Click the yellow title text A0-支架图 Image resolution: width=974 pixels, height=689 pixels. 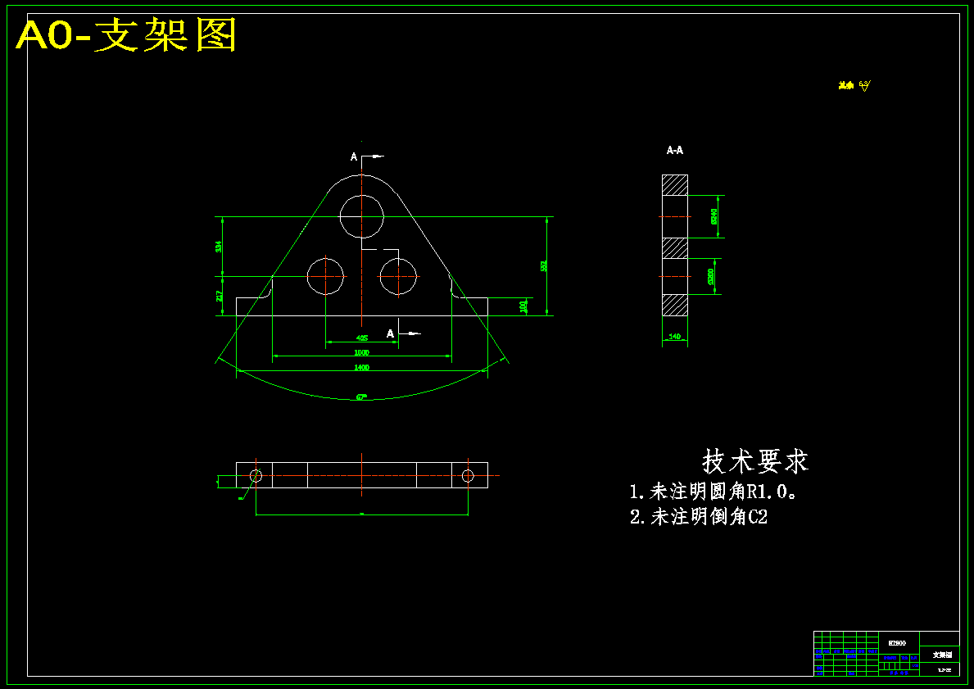127,35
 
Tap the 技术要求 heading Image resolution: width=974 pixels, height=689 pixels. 754,461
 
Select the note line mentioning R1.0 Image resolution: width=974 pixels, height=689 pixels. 714,492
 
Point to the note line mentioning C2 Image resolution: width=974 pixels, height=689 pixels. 699,517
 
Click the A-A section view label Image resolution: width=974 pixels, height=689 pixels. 675,151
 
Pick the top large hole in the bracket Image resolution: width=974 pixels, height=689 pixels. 362,215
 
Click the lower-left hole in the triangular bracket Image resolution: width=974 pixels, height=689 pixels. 326,276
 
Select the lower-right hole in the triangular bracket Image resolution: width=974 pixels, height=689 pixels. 398,276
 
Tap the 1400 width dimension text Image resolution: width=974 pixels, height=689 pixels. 361,368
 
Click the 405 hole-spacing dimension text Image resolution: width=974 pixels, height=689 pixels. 361,338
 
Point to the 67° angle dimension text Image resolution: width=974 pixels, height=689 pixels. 361,397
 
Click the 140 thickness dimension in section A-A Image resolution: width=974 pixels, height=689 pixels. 675,337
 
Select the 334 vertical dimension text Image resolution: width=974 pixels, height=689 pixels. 219,246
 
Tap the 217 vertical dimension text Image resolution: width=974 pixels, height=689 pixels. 219,296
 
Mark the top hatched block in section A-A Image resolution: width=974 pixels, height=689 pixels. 675,184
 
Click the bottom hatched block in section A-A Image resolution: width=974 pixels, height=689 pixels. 675,306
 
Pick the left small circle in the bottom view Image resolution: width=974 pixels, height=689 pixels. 256,475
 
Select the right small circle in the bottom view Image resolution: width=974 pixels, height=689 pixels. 468,475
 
